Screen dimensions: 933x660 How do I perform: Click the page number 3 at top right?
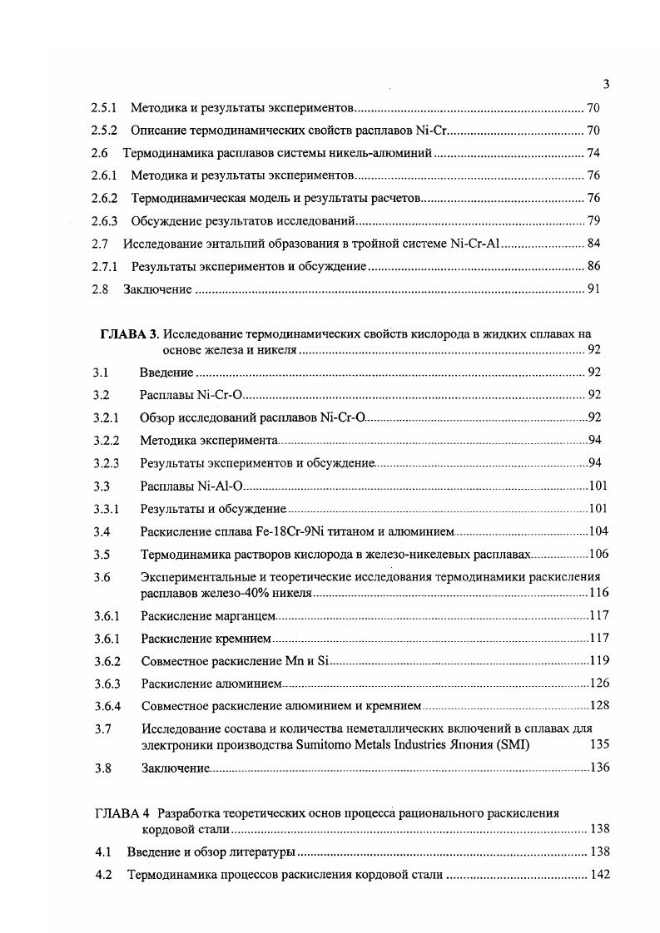click(x=606, y=83)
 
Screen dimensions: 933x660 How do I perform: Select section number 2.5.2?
click(x=104, y=131)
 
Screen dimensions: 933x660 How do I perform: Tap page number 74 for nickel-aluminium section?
click(x=593, y=153)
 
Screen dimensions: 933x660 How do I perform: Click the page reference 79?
click(x=593, y=221)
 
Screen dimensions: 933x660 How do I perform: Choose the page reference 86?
click(x=593, y=267)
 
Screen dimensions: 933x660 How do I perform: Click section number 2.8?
click(x=100, y=289)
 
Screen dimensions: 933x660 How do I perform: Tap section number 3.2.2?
click(x=107, y=440)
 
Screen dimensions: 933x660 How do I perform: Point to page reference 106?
click(x=599, y=554)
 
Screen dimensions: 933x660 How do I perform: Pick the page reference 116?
click(x=599, y=593)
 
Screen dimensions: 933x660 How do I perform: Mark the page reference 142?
click(x=599, y=875)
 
